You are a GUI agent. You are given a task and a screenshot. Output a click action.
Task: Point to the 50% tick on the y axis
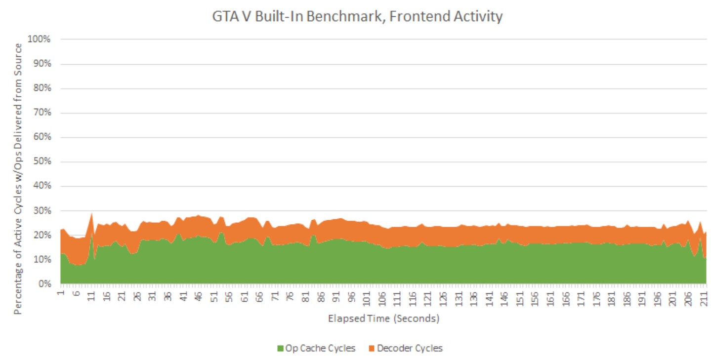coord(42,161)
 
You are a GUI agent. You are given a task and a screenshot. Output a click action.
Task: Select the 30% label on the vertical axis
coord(42,211)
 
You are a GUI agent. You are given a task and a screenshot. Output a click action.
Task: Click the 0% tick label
coord(44,284)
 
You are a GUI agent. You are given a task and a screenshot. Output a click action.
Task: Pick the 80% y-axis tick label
coord(42,88)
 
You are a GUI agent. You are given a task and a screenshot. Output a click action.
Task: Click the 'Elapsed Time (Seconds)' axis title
coord(383,319)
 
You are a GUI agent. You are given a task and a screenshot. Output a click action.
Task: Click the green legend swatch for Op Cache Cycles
coord(281,349)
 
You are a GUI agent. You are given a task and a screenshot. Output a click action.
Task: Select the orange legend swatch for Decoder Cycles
coord(372,349)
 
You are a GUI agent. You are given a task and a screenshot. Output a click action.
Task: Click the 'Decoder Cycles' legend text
coord(410,348)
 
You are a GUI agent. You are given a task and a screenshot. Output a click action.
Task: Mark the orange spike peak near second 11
coord(91,213)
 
